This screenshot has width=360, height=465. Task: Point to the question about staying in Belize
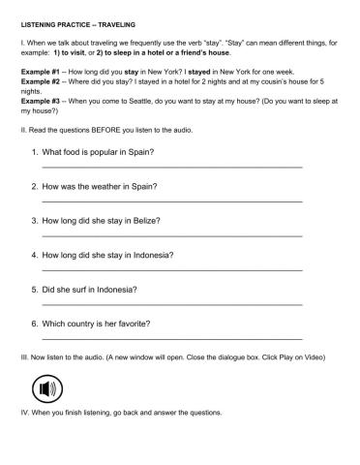pyautogui.click(x=108, y=221)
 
